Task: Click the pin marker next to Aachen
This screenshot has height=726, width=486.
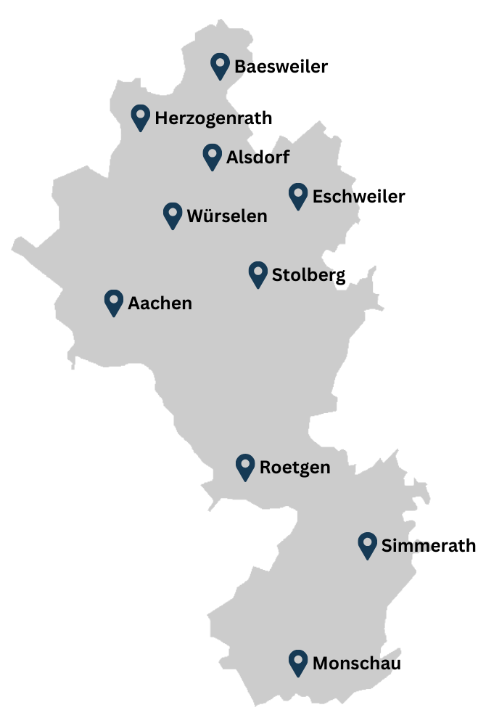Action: pos(113,301)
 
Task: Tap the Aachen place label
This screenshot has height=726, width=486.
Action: pos(160,303)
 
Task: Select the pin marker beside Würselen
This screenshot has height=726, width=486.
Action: pos(172,214)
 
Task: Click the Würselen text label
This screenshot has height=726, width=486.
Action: pos(227,216)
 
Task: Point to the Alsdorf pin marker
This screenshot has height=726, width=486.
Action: pos(212,155)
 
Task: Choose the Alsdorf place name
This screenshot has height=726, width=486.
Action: pos(258,158)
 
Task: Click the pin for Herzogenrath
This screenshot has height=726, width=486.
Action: pos(140,116)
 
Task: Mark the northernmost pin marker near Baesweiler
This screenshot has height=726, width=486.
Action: pos(220,65)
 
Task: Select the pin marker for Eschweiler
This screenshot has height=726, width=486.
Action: pos(297,195)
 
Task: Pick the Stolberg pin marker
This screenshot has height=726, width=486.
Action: pos(258,274)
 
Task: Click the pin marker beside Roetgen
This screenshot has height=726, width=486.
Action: pos(245,466)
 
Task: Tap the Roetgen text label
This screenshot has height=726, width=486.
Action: pos(295,468)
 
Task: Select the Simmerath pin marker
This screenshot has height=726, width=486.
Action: pos(367,544)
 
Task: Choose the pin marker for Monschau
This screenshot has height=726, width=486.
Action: pos(297,661)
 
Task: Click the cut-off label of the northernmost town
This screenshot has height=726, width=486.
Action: pos(242,67)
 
